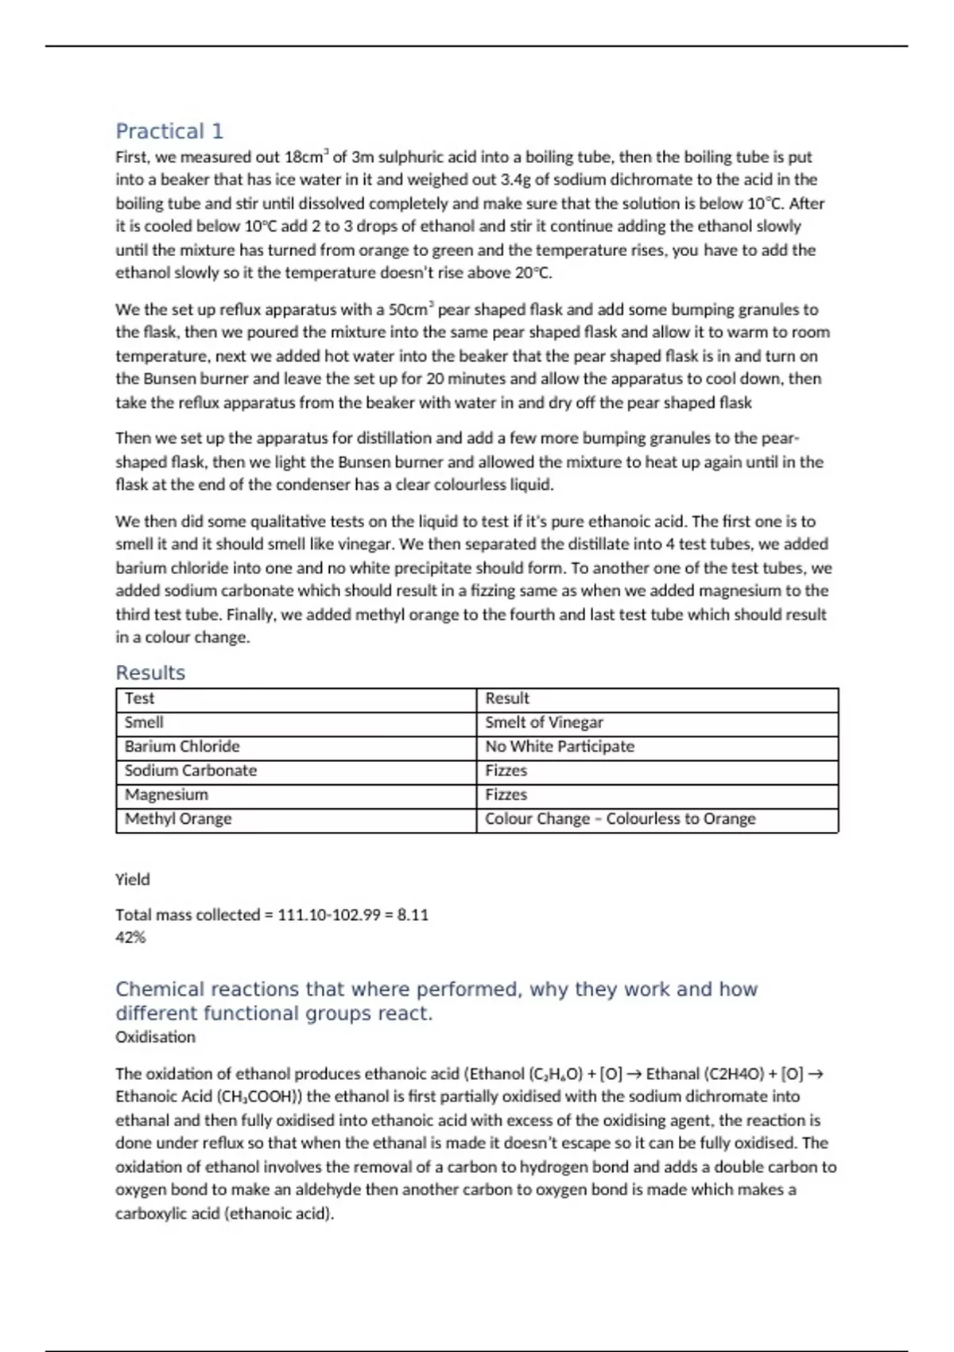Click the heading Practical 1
click(x=169, y=131)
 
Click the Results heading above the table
click(x=150, y=673)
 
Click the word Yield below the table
click(x=132, y=880)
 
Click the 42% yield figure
click(x=130, y=938)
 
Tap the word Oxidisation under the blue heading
click(x=155, y=1037)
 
